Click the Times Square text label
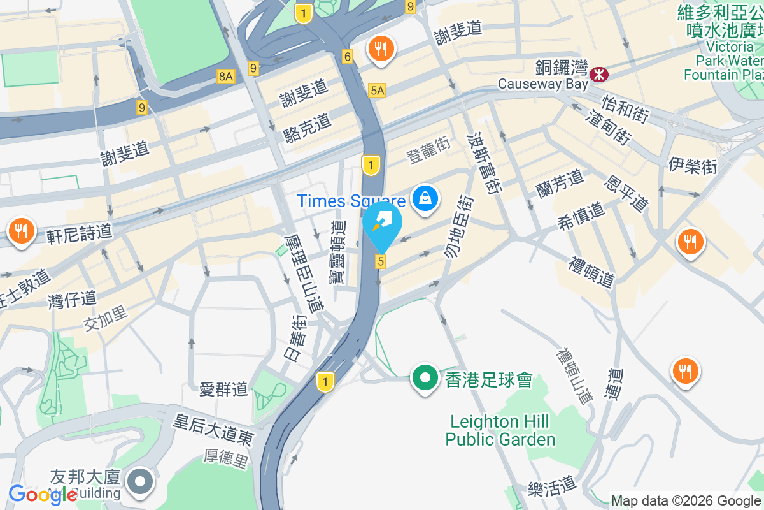tap(351, 201)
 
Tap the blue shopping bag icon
tap(425, 199)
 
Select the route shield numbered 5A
tap(377, 91)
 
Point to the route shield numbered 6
tap(348, 57)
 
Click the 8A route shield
tap(225, 76)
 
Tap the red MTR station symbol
tap(598, 74)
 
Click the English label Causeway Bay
tap(539, 84)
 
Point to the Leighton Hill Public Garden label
tap(500, 430)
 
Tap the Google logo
tap(43, 495)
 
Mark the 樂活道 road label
tap(552, 488)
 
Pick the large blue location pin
tap(383, 226)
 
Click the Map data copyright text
tap(686, 501)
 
